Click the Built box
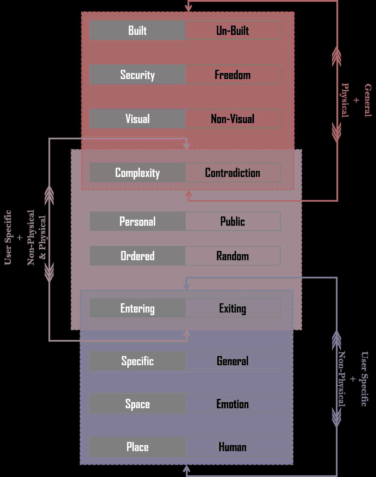point(137,30)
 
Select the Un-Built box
point(233,30)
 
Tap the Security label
point(137,75)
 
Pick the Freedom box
point(233,75)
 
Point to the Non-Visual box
point(233,119)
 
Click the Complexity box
point(137,173)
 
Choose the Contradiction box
point(233,173)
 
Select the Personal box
point(137,221)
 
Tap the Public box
point(233,221)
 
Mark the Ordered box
point(137,256)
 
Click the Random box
point(233,256)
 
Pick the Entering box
point(137,308)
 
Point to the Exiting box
point(233,308)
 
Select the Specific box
point(137,361)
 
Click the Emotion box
point(233,404)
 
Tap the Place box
point(137,447)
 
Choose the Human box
point(233,447)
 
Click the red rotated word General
point(368,100)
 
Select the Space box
point(137,404)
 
